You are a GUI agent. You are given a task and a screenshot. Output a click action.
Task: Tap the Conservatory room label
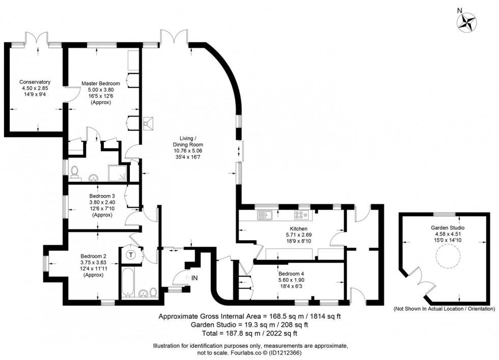pyautogui.click(x=35, y=82)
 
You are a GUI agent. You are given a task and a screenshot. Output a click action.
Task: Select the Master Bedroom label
pyautogui.click(x=101, y=84)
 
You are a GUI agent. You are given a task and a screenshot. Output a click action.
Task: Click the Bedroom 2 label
pyautogui.click(x=93, y=256)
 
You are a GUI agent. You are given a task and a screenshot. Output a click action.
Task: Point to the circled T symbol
pyautogui.click(x=131, y=254)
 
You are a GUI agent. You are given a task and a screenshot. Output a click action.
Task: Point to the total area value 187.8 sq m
pyautogui.click(x=239, y=334)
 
